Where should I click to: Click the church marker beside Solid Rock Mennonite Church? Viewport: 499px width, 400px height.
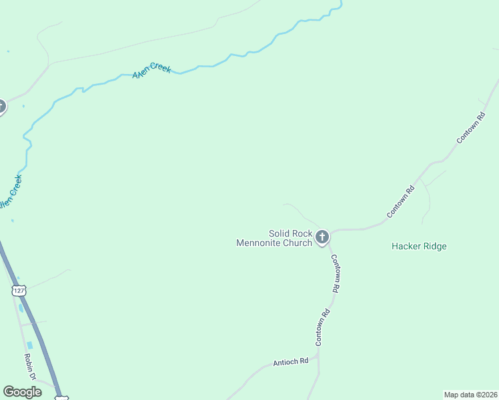[322, 237]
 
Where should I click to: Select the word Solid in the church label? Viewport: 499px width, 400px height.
[280, 233]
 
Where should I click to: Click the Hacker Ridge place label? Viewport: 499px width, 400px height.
[419, 246]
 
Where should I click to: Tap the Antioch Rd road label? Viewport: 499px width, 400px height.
[291, 362]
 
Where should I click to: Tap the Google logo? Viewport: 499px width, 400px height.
[22, 392]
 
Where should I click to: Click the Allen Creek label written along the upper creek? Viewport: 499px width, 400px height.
[151, 70]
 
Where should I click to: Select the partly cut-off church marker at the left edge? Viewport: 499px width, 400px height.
[1, 106]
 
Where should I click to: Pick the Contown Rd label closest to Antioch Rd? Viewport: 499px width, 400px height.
[323, 327]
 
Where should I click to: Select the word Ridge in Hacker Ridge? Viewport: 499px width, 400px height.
[434, 246]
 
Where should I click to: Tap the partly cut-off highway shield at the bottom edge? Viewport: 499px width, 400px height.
[61, 397]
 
